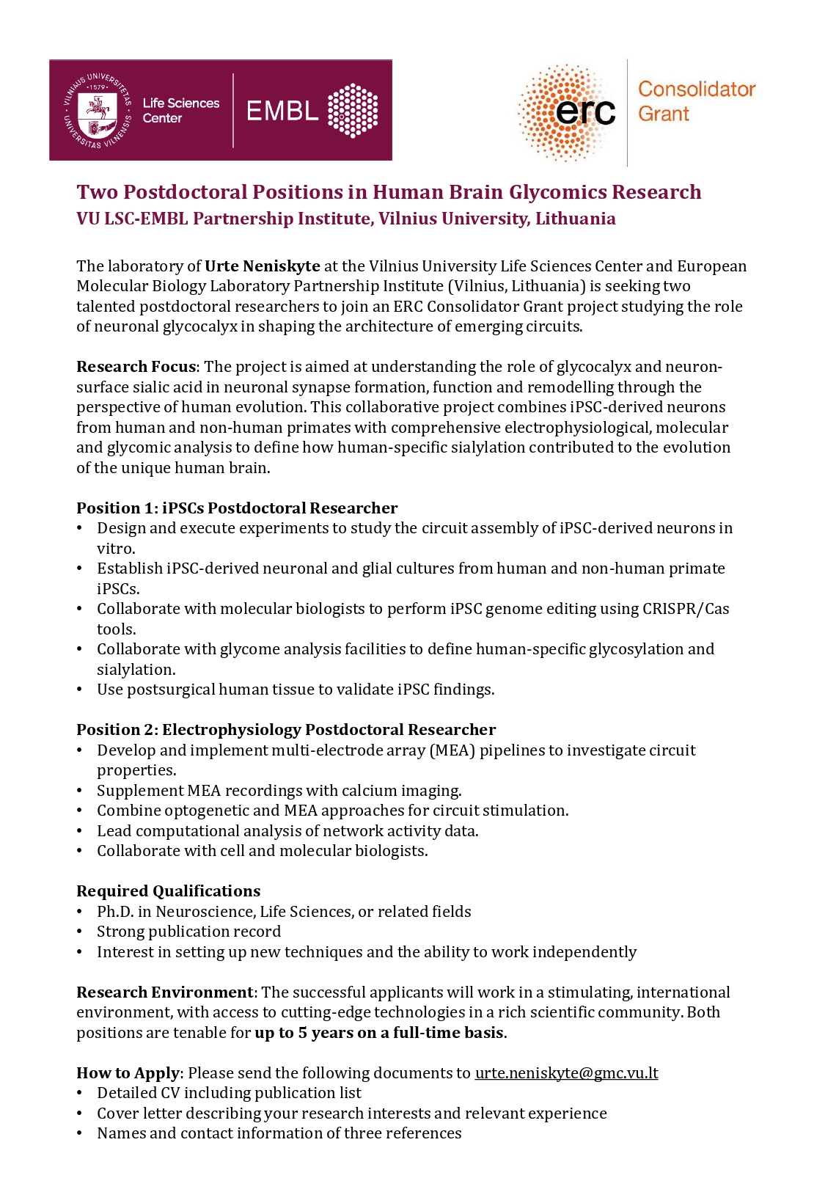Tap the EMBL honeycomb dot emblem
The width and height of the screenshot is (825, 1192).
353,111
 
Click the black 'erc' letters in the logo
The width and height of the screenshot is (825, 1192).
584,111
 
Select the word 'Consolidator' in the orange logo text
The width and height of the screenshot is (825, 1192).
696,89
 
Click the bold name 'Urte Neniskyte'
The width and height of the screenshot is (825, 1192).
262,266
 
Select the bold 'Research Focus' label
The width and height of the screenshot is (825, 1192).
136,367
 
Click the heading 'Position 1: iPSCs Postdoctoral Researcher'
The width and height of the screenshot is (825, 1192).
237,508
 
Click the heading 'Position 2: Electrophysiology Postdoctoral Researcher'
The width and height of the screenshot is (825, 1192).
286,730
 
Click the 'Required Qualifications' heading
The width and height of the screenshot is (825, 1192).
168,891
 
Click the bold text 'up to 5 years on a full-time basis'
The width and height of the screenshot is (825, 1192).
378,1033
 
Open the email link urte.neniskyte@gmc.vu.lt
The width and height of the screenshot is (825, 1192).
566,1073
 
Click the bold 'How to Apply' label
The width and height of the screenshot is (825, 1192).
128,1073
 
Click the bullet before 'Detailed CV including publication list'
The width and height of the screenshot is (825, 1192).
80,1093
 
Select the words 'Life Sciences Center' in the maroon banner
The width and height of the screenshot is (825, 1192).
180,111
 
